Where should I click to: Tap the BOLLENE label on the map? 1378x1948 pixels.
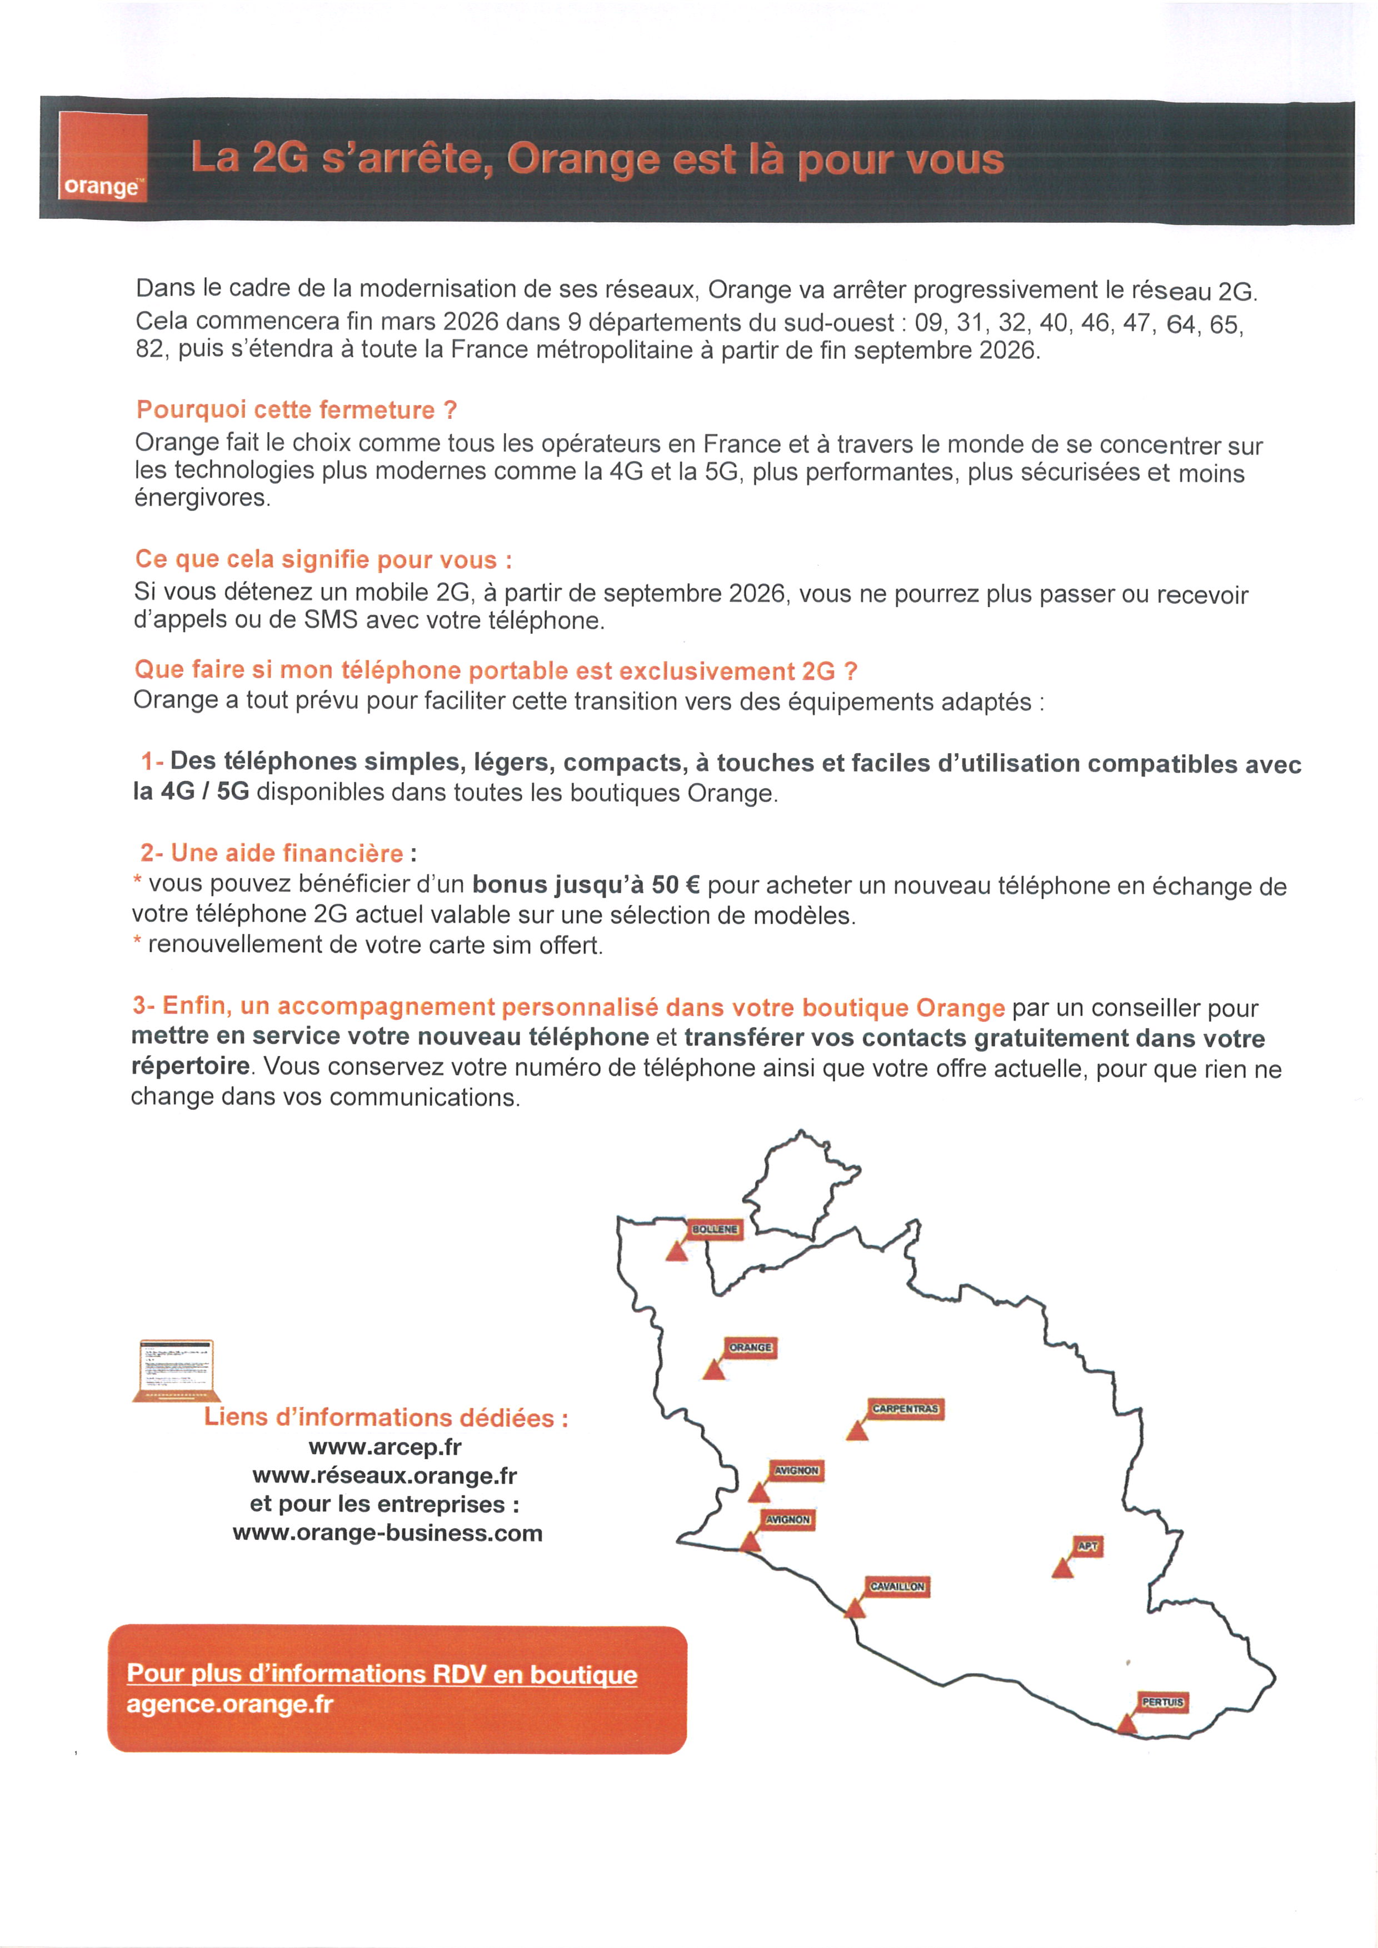[x=715, y=1229]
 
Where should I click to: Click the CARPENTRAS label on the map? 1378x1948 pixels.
[x=905, y=1409]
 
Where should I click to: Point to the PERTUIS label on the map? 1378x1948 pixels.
[x=1162, y=1702]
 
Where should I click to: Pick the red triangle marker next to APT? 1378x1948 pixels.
[x=1062, y=1569]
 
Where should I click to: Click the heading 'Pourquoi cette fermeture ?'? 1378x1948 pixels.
[x=297, y=410]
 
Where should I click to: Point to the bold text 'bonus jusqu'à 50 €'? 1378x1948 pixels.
[x=586, y=885]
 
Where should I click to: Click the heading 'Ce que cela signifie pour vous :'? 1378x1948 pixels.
[x=323, y=560]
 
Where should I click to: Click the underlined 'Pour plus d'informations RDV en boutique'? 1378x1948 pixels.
[x=382, y=1674]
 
